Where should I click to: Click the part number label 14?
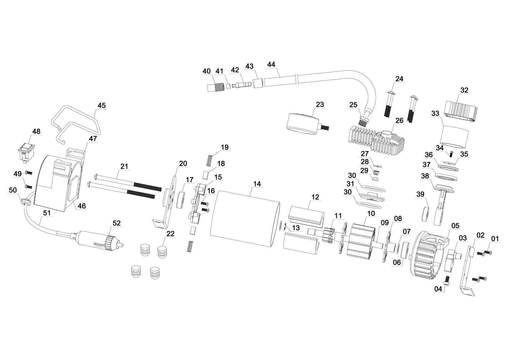[257, 184]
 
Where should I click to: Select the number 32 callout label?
[464, 90]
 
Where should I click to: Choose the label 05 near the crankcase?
[455, 226]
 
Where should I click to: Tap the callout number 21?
[124, 166]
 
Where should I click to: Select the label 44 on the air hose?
[271, 64]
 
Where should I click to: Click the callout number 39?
[420, 194]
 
